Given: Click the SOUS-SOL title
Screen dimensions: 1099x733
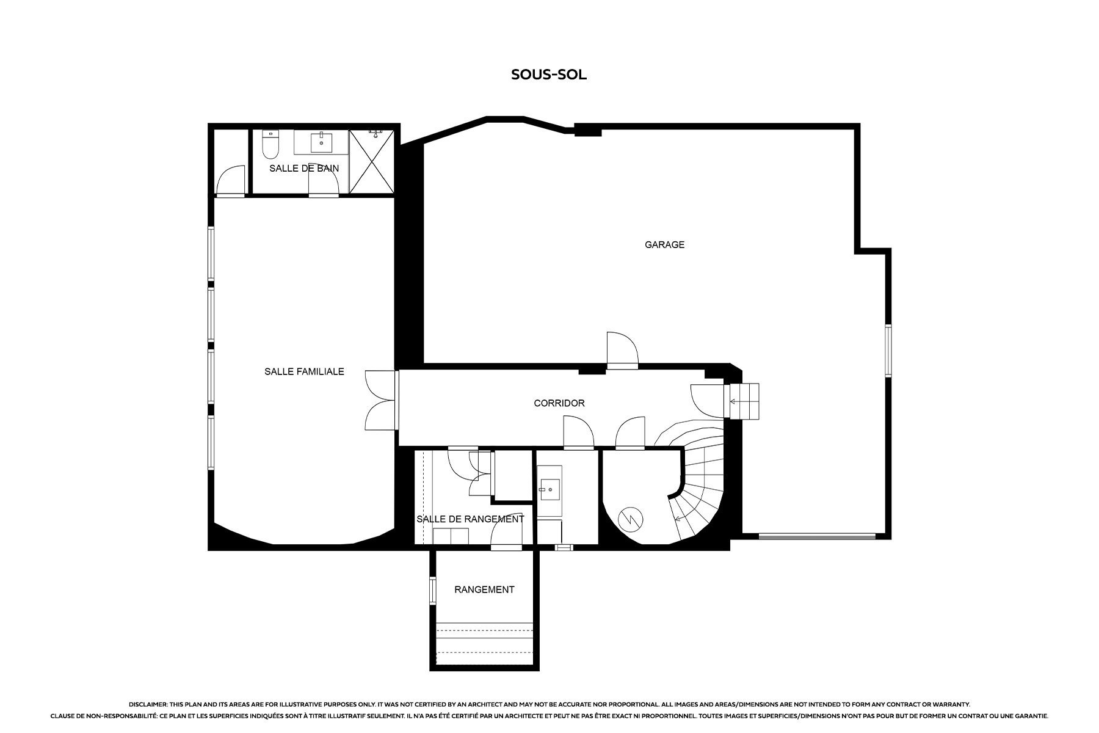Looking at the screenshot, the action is [549, 75].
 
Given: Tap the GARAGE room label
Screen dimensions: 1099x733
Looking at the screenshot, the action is [664, 244].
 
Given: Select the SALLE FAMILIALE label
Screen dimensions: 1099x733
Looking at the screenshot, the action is [304, 371].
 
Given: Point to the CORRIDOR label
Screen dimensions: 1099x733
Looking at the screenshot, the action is [559, 403].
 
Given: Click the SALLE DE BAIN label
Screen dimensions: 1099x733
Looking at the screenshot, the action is [304, 168].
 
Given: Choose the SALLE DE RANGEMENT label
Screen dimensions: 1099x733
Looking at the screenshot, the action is [470, 519].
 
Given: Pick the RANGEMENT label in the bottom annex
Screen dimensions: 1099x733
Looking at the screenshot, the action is [484, 589].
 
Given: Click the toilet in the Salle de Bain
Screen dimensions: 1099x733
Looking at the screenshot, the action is [270, 144].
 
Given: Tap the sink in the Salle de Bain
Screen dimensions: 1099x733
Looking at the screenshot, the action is [321, 142].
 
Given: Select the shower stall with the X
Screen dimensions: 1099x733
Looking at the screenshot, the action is [371, 161].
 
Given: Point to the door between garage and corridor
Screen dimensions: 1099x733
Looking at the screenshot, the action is [622, 351].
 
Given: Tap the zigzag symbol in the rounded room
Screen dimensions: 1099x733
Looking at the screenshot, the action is [631, 519].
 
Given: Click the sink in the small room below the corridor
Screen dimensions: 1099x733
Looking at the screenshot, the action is [549, 487].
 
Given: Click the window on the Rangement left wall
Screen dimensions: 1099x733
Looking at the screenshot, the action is [432, 590].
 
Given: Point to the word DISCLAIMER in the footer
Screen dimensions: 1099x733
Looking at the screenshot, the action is [148, 704].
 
